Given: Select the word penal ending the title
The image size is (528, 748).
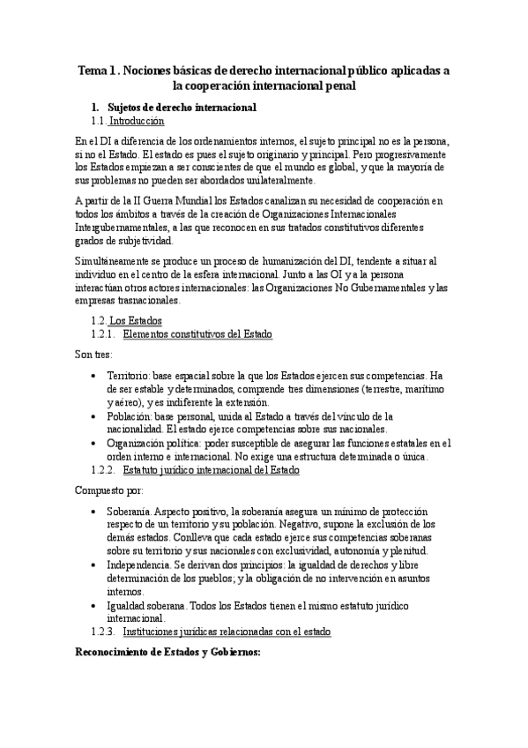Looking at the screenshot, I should [x=341, y=86].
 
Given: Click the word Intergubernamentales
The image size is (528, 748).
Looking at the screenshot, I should [x=121, y=228].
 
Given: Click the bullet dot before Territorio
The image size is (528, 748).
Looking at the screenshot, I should [x=94, y=376].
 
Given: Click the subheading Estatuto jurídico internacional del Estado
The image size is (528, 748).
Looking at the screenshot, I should [x=212, y=470].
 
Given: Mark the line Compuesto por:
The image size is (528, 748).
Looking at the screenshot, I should [x=104, y=490].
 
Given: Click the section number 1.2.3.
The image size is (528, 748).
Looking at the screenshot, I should [x=104, y=632].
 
